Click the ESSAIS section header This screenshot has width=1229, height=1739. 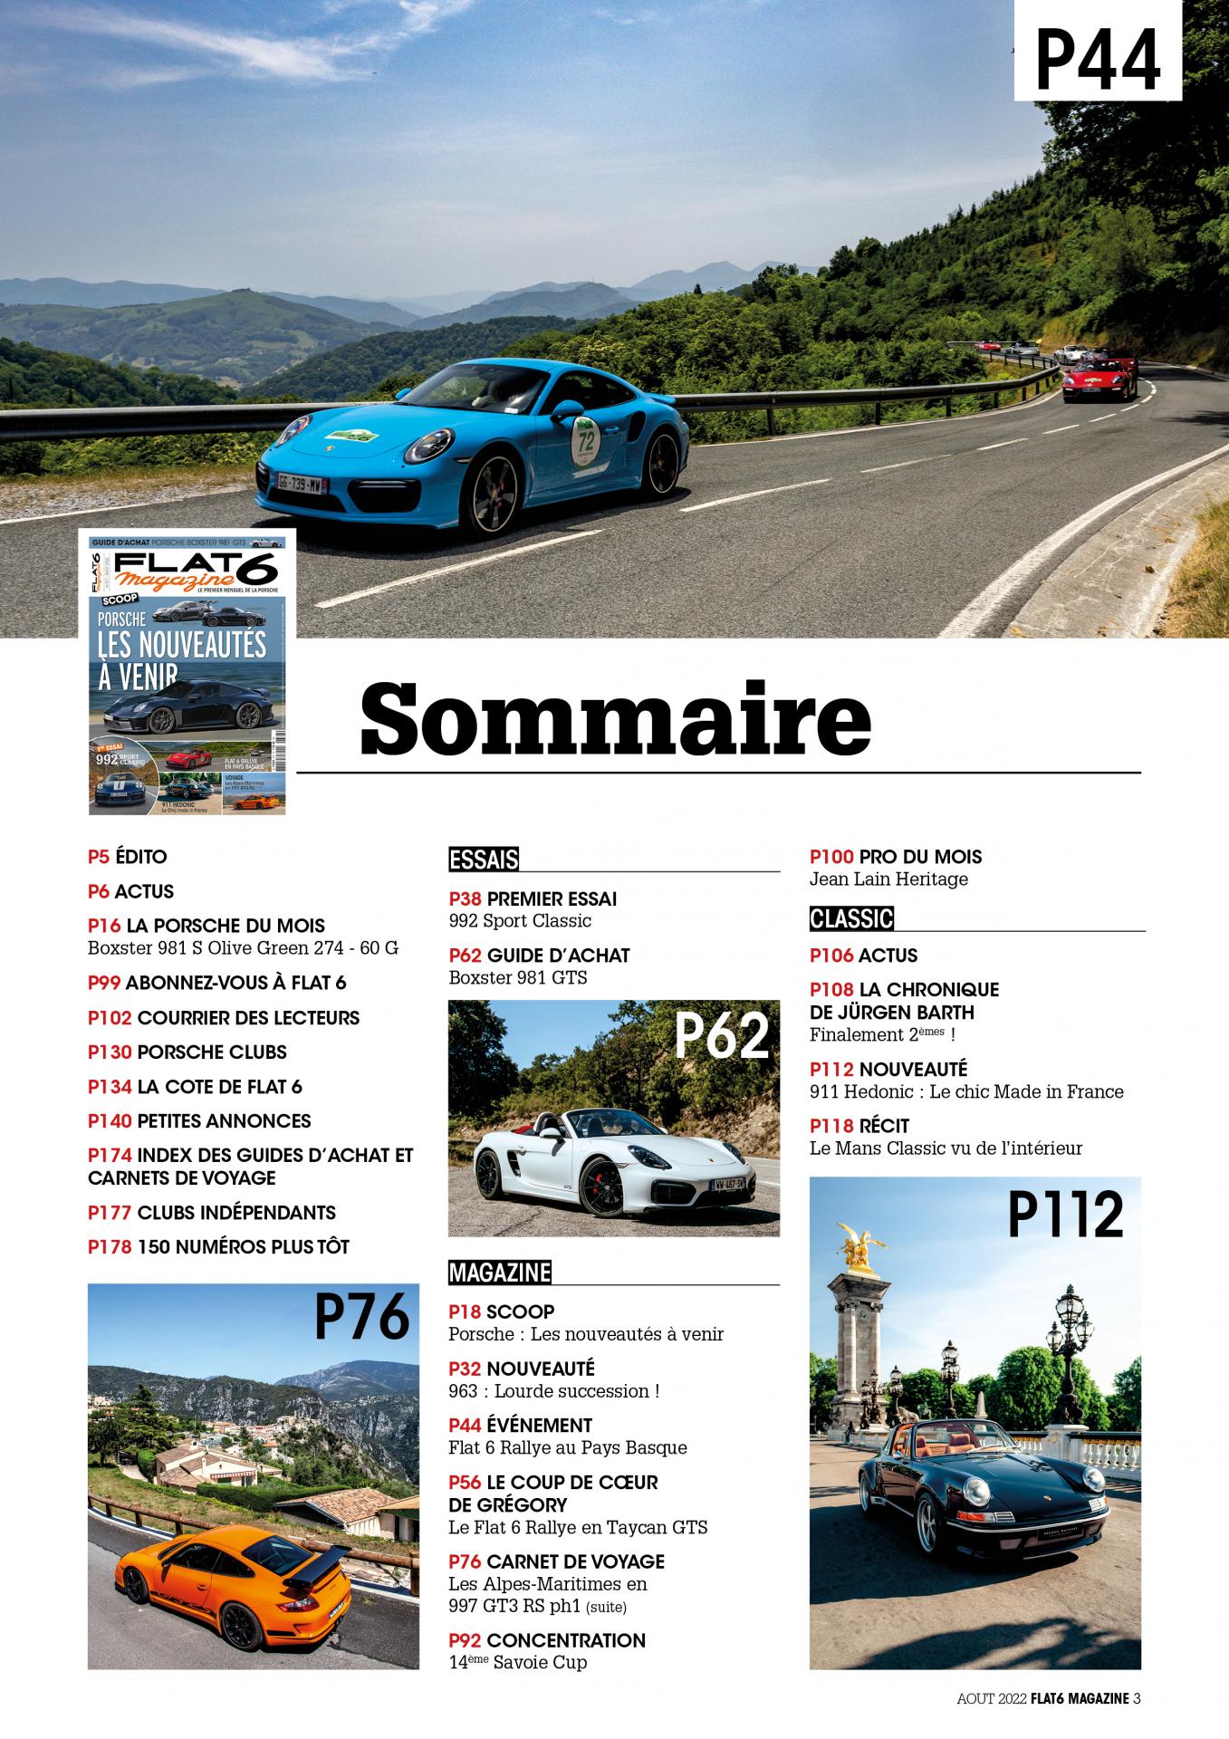point(484,859)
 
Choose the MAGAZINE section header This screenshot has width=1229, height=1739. point(499,1273)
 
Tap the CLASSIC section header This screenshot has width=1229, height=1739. point(851,919)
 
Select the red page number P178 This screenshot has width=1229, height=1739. point(110,1246)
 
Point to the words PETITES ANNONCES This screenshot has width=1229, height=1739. point(224,1120)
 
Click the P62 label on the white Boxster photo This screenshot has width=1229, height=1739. point(722,1037)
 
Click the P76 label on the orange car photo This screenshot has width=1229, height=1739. point(362,1317)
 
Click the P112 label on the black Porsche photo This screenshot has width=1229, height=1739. point(1065,1215)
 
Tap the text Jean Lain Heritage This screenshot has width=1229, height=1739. point(888,879)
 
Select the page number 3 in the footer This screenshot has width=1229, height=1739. point(1137,1699)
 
